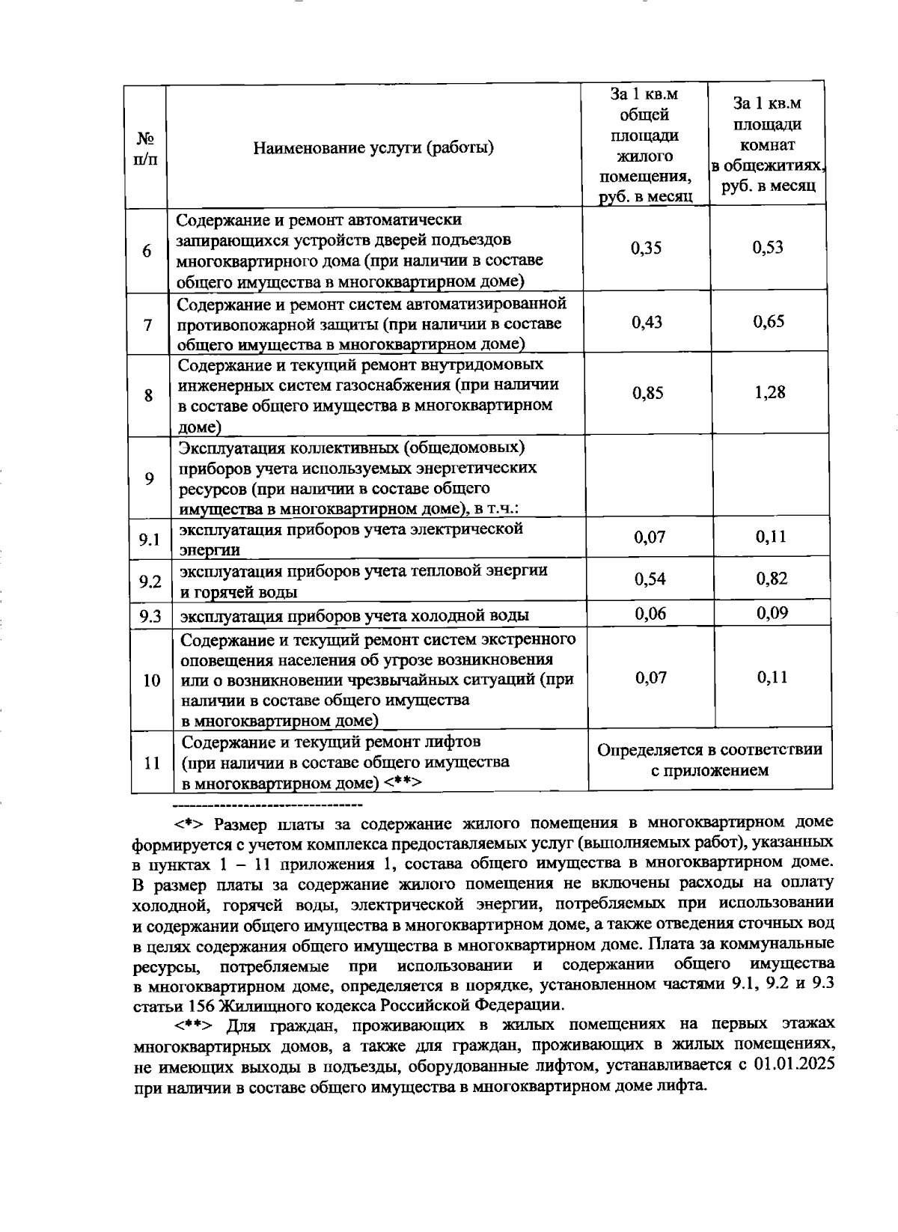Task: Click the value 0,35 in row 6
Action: [x=647, y=248]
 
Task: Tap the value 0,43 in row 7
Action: [x=647, y=322]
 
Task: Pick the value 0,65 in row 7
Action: [x=769, y=322]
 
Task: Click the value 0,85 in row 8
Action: [x=647, y=393]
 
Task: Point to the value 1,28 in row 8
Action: [x=769, y=392]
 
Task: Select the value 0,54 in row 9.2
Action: [x=650, y=579]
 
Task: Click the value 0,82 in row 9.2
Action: [x=771, y=579]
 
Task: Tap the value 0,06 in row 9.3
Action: [x=650, y=614]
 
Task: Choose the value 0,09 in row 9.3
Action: [x=771, y=613]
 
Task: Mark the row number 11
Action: [x=152, y=763]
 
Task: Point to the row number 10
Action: [x=151, y=680]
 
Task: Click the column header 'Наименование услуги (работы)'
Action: [x=373, y=147]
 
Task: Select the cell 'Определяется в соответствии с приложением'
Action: [x=709, y=760]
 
